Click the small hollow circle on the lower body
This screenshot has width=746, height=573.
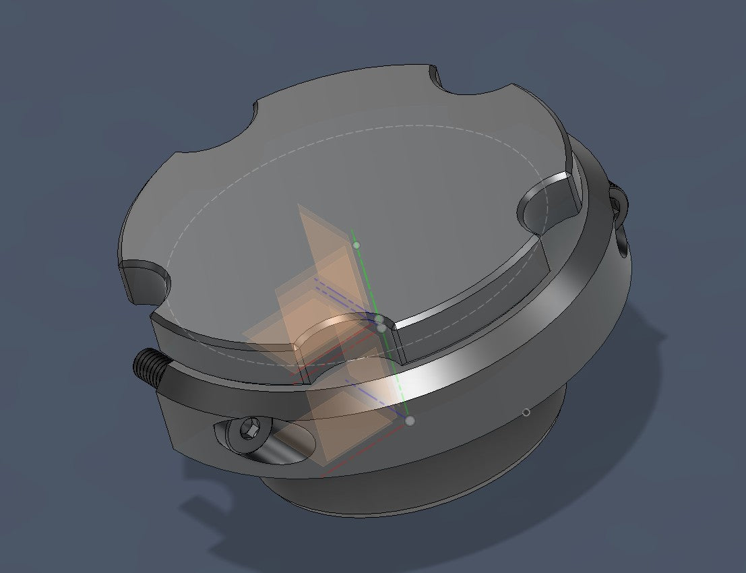pyautogui.click(x=527, y=412)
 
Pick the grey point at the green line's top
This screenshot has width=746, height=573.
pyautogui.click(x=356, y=245)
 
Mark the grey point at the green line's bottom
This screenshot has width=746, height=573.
pyautogui.click(x=410, y=421)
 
